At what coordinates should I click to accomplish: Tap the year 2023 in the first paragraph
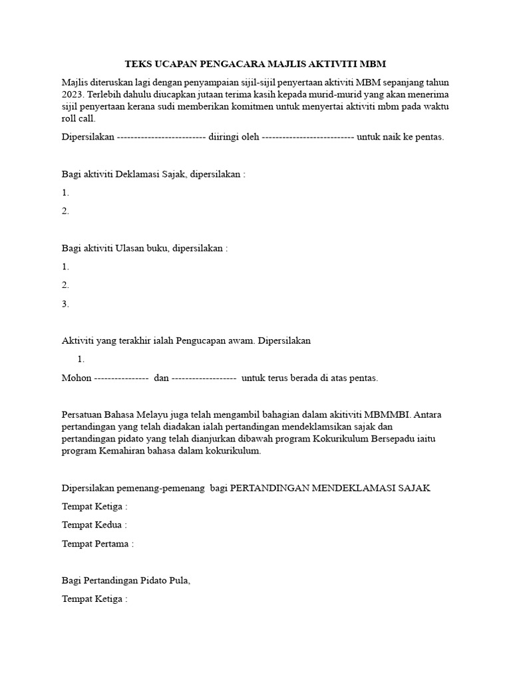pos(73,94)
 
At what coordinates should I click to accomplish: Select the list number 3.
pos(65,304)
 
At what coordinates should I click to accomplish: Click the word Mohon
pos(76,378)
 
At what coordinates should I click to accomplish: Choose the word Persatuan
pos(85,414)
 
